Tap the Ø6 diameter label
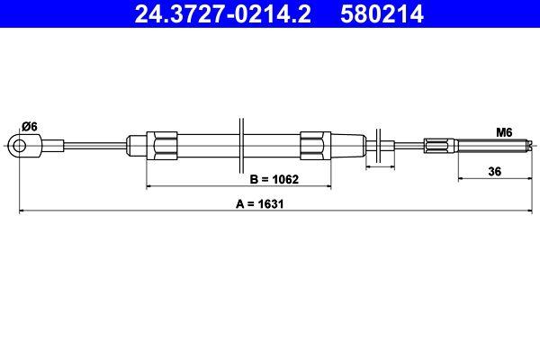[29, 126]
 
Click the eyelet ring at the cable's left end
[18, 144]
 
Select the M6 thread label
[504, 132]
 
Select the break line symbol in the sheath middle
[241, 143]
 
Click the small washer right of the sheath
[384, 144]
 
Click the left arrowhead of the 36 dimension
[462, 178]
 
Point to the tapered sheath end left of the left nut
[137, 144]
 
